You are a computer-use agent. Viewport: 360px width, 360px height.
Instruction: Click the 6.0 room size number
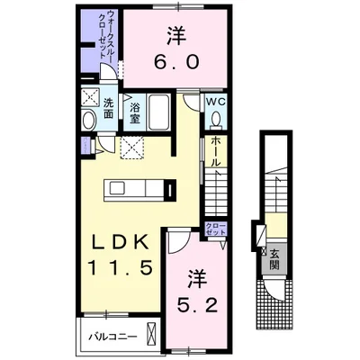176,62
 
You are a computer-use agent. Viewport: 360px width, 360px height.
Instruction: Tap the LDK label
120,242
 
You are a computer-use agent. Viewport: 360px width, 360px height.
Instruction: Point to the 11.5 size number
120,267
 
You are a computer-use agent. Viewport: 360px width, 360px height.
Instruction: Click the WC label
215,102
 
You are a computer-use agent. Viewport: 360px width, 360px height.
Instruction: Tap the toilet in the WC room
216,120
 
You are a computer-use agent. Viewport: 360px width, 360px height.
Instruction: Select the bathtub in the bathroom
159,112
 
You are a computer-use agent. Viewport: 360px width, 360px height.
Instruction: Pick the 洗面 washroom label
108,108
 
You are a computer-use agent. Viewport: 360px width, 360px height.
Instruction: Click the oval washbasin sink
89,121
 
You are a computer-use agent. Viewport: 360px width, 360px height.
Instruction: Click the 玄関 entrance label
274,259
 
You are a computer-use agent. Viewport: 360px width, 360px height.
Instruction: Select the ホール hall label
215,151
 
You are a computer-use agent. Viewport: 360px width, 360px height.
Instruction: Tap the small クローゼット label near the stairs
215,229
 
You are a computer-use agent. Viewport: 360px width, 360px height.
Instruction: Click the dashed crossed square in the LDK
132,148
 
